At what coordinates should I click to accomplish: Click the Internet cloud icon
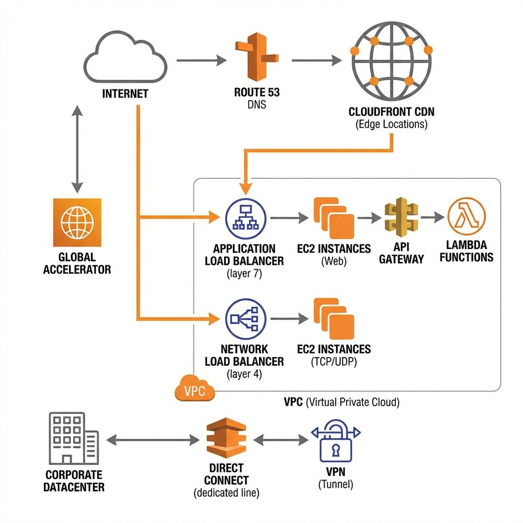tap(125, 59)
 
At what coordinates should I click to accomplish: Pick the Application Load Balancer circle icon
tap(245, 218)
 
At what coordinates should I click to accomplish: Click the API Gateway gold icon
tap(401, 217)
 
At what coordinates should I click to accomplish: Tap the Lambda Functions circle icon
tap(466, 217)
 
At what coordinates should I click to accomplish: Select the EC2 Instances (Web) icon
tap(334, 218)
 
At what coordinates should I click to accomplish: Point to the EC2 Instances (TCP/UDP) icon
tap(334, 319)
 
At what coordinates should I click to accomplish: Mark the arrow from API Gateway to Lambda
tap(433, 217)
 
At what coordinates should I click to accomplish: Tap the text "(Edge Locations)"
tap(391, 124)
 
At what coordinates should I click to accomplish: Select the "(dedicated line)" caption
tap(226, 493)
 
